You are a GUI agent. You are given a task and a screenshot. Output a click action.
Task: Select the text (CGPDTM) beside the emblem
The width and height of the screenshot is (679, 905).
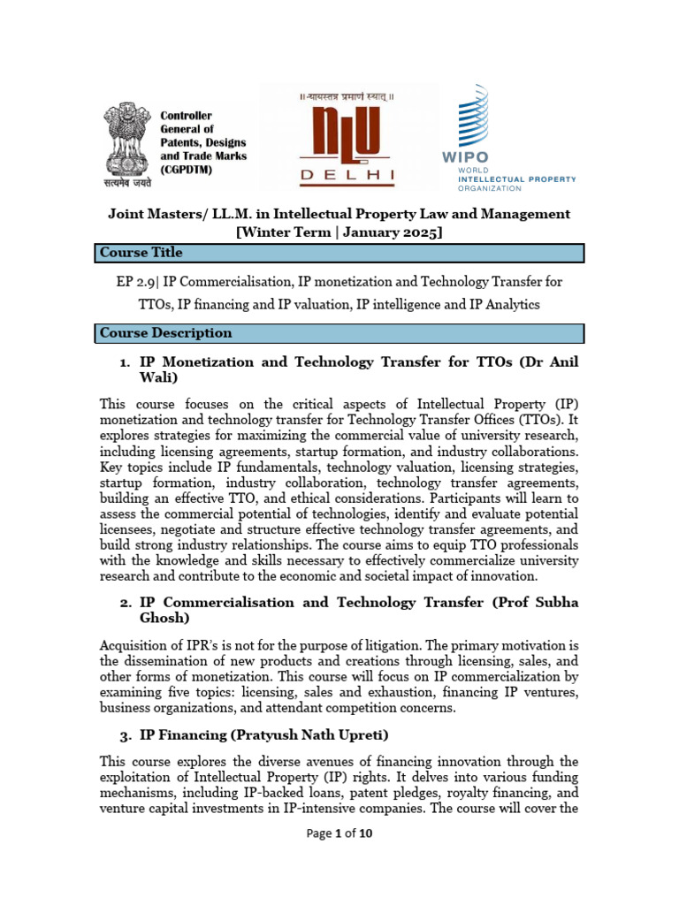pyautogui.click(x=187, y=170)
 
